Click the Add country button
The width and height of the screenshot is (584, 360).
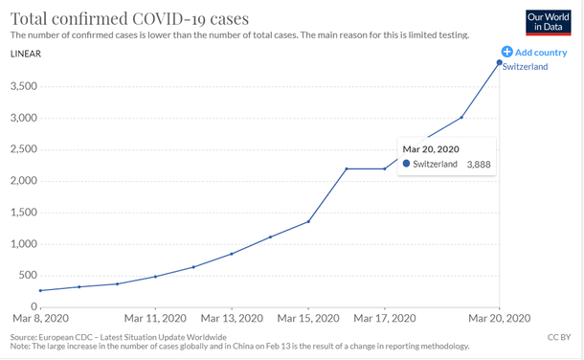[x=534, y=52]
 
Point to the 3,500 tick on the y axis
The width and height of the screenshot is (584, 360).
[x=23, y=87]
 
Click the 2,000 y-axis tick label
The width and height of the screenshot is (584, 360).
[x=23, y=181]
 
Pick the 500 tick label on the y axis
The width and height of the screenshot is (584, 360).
[x=28, y=276]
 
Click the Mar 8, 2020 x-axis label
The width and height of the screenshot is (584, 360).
[x=38, y=318]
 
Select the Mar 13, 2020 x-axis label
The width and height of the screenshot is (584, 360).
[x=232, y=318]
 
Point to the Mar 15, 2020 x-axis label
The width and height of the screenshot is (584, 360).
[x=308, y=318]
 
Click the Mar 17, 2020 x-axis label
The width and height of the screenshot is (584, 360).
[x=385, y=318]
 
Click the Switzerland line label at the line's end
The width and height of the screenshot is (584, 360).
[x=525, y=67]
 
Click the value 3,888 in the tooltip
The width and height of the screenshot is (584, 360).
[x=478, y=165]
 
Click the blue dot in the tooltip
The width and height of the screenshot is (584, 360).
[x=406, y=165]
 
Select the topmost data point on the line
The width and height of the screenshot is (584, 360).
[x=499, y=63]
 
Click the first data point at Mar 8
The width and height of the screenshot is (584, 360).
[x=40, y=290]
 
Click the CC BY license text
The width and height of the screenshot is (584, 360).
[x=559, y=337]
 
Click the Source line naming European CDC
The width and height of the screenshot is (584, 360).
[x=118, y=337]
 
